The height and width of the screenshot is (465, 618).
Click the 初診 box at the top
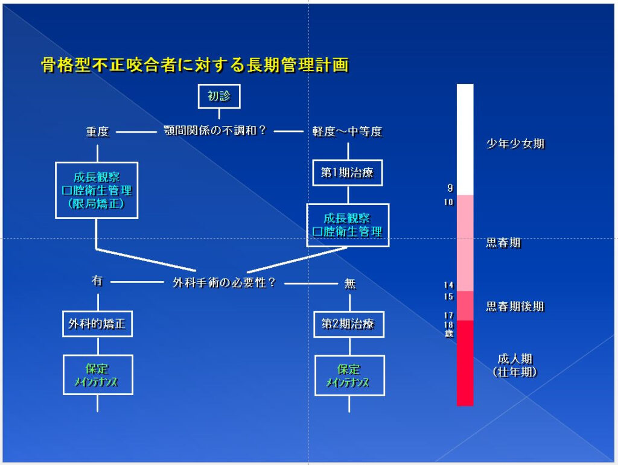219,96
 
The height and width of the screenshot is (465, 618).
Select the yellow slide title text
194,65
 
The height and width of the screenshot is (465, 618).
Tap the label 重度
97,131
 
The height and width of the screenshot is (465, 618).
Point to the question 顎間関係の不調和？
215,130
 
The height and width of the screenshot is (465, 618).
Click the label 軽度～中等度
347,131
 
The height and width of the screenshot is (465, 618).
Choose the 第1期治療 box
348,173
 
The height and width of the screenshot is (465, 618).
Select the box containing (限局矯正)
97,190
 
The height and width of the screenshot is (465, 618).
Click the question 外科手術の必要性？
224,282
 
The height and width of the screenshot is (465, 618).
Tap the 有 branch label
97,281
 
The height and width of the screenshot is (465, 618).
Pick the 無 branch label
350,283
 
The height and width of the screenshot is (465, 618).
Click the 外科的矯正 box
97,324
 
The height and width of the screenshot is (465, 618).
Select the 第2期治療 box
348,324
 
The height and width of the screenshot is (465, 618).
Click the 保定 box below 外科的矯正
98,375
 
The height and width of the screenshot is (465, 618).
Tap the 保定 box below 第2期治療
349,375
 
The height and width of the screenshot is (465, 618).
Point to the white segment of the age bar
465,139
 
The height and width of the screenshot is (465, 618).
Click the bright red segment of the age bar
465,362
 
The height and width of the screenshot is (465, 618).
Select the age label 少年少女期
515,144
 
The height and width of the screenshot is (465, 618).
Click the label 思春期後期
515,306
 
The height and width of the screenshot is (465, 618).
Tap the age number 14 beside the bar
448,285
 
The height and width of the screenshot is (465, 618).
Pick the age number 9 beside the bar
450,188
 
